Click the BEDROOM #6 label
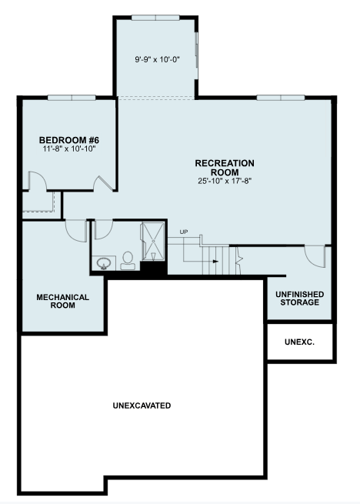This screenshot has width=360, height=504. pos(69,140)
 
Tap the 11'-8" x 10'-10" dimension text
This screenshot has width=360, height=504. pos(69,149)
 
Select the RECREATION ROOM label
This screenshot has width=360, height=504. pos(225,168)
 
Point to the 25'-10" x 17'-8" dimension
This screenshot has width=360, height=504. pos(225,181)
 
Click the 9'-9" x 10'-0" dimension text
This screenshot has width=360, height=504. pos(157,59)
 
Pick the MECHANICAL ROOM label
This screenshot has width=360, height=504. pos(62,301)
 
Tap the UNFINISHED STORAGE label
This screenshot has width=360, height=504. pos(299,299)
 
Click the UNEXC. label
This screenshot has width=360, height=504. pos(299,342)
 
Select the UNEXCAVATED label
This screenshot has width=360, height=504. pos(142,406)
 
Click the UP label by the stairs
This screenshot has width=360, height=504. pos(184,232)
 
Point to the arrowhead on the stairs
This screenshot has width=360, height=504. pos(215,262)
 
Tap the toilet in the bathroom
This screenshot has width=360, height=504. pos(128,260)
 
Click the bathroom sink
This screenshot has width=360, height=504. pos(104,264)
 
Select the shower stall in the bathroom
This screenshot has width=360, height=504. pos(153,242)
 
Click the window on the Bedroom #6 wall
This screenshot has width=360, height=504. pos(72,98)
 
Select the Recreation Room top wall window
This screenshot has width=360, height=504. pos(281,98)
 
